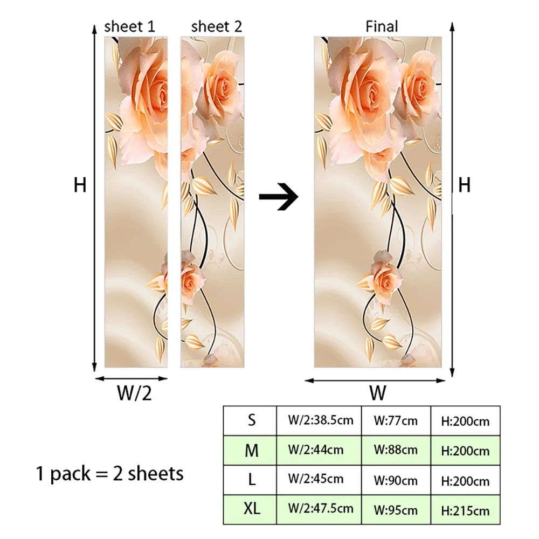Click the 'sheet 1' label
click(129, 27)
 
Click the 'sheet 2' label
click(217, 27)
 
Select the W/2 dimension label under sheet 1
click(134, 394)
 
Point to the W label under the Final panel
click(378, 393)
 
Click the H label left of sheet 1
click(80, 185)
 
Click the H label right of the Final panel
click(464, 185)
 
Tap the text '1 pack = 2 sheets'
click(109, 474)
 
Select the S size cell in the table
click(251, 420)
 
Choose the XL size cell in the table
click(251, 508)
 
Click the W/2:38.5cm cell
click(321, 420)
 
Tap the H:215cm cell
click(465, 509)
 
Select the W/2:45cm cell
click(316, 479)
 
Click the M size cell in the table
click(251, 450)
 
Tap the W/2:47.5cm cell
click(321, 508)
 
